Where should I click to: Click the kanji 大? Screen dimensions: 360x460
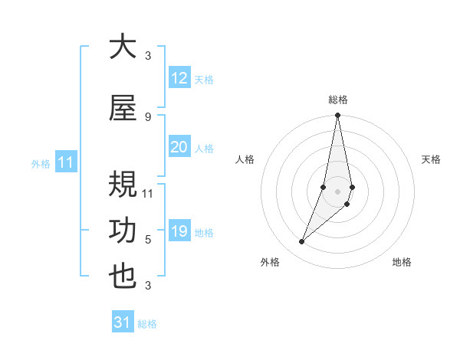pos(123,47)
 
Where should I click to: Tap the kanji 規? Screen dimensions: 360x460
pos(123,186)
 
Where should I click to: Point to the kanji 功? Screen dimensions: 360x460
pos(123,231)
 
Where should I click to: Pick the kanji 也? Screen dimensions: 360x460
pos(123,277)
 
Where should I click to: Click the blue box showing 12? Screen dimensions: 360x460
pos(179,78)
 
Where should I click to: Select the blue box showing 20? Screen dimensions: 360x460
pos(179,147)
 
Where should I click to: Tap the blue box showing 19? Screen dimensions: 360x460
pos(179,231)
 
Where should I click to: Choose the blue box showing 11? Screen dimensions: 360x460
pos(65,162)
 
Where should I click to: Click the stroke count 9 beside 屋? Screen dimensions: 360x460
pos(148,116)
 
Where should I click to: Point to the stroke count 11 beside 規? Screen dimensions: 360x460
pos(148,193)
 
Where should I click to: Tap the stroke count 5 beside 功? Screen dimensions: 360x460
pos(148,239)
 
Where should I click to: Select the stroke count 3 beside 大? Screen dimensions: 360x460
pos(148,55)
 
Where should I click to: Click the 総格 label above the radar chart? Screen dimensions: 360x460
pos(338,100)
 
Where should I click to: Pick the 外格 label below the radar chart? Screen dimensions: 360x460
pos(270,262)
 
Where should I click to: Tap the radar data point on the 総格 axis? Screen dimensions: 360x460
pos(337,116)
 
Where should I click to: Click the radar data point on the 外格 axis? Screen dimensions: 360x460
pos(301,242)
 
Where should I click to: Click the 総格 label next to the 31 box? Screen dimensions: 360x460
pos(147,324)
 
